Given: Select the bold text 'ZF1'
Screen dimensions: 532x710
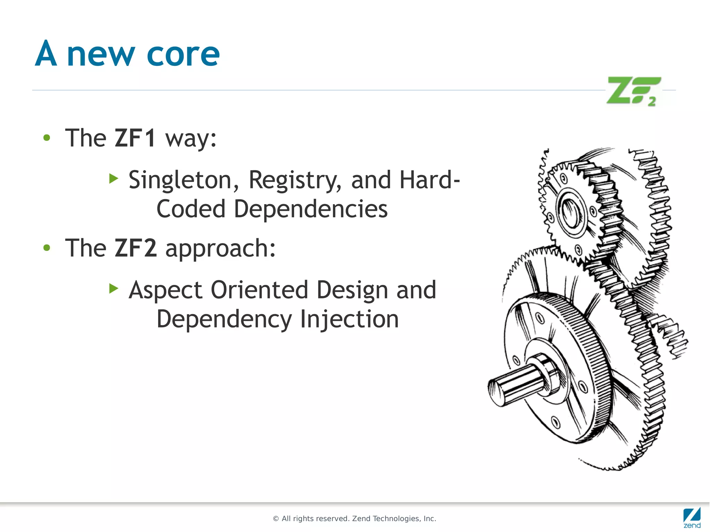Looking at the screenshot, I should coord(135,138).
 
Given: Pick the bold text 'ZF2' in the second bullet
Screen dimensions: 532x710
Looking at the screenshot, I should coord(136,248).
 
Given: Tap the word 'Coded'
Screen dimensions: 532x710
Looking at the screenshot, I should coord(191,209).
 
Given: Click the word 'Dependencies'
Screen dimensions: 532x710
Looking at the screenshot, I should coord(311,209).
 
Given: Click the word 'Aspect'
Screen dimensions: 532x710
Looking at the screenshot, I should coord(165,290).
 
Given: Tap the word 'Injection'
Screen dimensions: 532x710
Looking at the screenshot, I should coord(349,319).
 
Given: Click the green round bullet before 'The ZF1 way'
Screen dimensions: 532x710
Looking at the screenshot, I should coord(47,138).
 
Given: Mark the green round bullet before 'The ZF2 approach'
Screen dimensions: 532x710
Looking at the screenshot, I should coord(47,248).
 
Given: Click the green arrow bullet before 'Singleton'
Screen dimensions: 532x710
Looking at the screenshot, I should coord(114,179).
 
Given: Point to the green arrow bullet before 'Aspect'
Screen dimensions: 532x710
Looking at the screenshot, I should coord(114,288).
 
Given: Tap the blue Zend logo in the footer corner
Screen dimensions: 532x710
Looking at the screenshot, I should coord(692,517).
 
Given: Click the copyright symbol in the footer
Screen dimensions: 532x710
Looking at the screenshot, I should coord(276,519).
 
